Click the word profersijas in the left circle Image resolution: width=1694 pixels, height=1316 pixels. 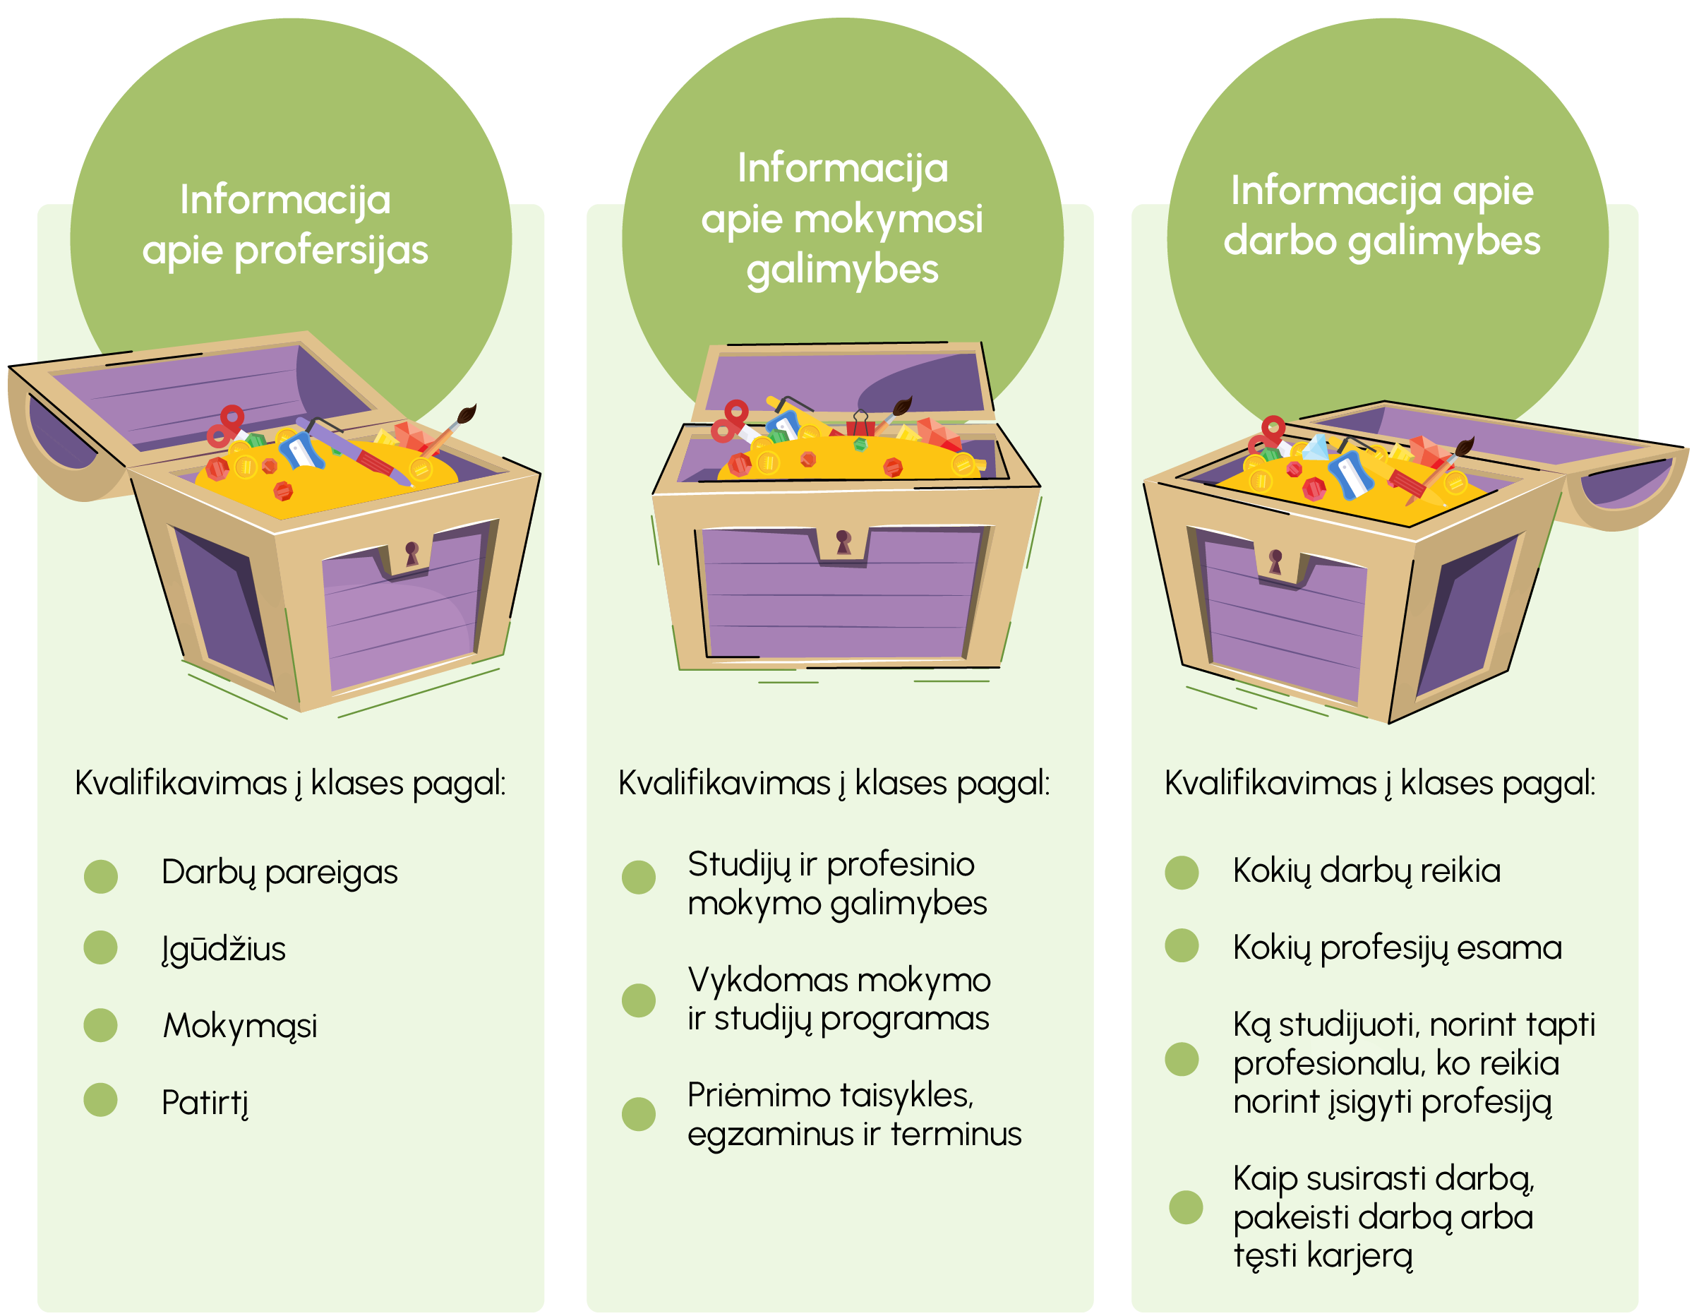[331, 250]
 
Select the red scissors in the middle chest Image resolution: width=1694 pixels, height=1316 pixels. [730, 421]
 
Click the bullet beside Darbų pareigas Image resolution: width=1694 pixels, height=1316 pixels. [101, 876]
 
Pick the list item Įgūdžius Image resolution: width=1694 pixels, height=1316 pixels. [223, 949]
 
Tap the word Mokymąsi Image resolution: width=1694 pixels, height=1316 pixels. [240, 1026]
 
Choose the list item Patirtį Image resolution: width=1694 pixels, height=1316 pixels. [205, 1103]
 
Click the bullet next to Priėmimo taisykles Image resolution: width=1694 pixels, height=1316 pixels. [638, 1114]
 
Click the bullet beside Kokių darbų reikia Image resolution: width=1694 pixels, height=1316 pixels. [1182, 872]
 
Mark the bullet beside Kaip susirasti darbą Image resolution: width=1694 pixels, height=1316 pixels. [1185, 1207]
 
